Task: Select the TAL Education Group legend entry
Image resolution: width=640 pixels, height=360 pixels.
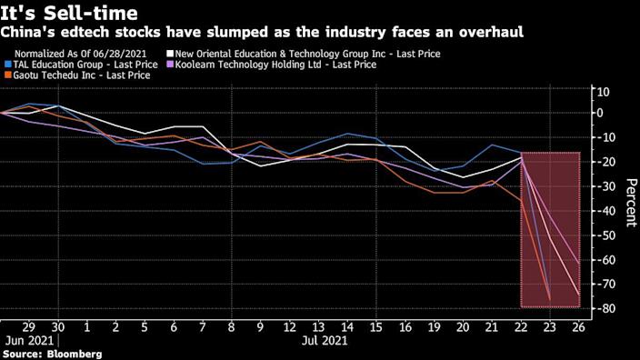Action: tap(87, 65)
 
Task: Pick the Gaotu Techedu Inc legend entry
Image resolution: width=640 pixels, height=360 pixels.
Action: tap(83, 75)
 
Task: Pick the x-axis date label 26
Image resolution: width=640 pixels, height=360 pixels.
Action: tap(576, 326)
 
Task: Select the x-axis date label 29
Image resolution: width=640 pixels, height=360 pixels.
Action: tap(27, 326)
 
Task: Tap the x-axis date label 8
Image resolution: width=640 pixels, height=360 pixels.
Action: tap(232, 326)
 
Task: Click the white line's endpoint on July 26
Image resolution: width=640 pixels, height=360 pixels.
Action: tap(579, 294)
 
